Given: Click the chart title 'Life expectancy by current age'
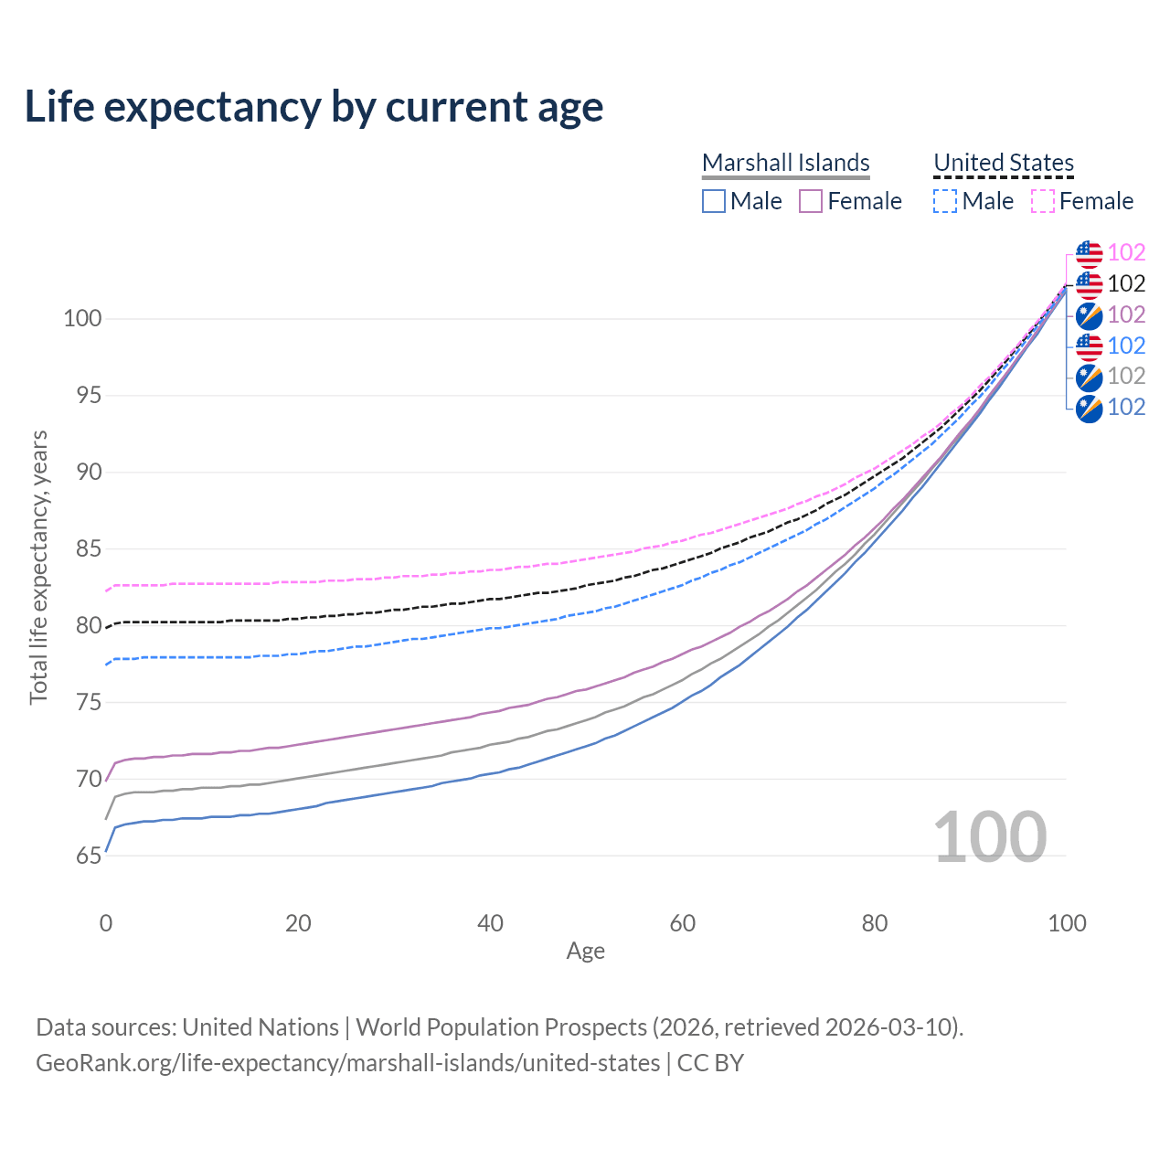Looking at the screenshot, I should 314,107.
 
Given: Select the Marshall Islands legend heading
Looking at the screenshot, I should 785,163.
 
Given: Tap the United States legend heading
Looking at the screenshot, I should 1003,163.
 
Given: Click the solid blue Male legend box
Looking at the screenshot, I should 714,201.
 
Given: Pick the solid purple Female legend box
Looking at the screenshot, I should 811,201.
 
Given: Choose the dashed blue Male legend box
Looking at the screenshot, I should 945,201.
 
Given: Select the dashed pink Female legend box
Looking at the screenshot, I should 1043,201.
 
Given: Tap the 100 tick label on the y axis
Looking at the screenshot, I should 81,319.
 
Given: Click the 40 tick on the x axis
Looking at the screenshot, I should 491,923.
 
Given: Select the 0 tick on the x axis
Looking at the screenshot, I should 106,923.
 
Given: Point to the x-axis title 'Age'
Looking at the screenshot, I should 586,952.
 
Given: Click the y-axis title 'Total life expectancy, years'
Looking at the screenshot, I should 38,568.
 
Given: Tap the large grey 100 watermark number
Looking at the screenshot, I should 990,837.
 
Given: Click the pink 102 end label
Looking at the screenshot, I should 1126,253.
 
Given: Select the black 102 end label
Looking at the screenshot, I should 1126,284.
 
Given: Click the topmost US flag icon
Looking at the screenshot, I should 1089,253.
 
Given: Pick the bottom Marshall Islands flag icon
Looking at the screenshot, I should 1089,408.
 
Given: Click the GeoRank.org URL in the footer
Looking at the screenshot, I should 347,1063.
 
